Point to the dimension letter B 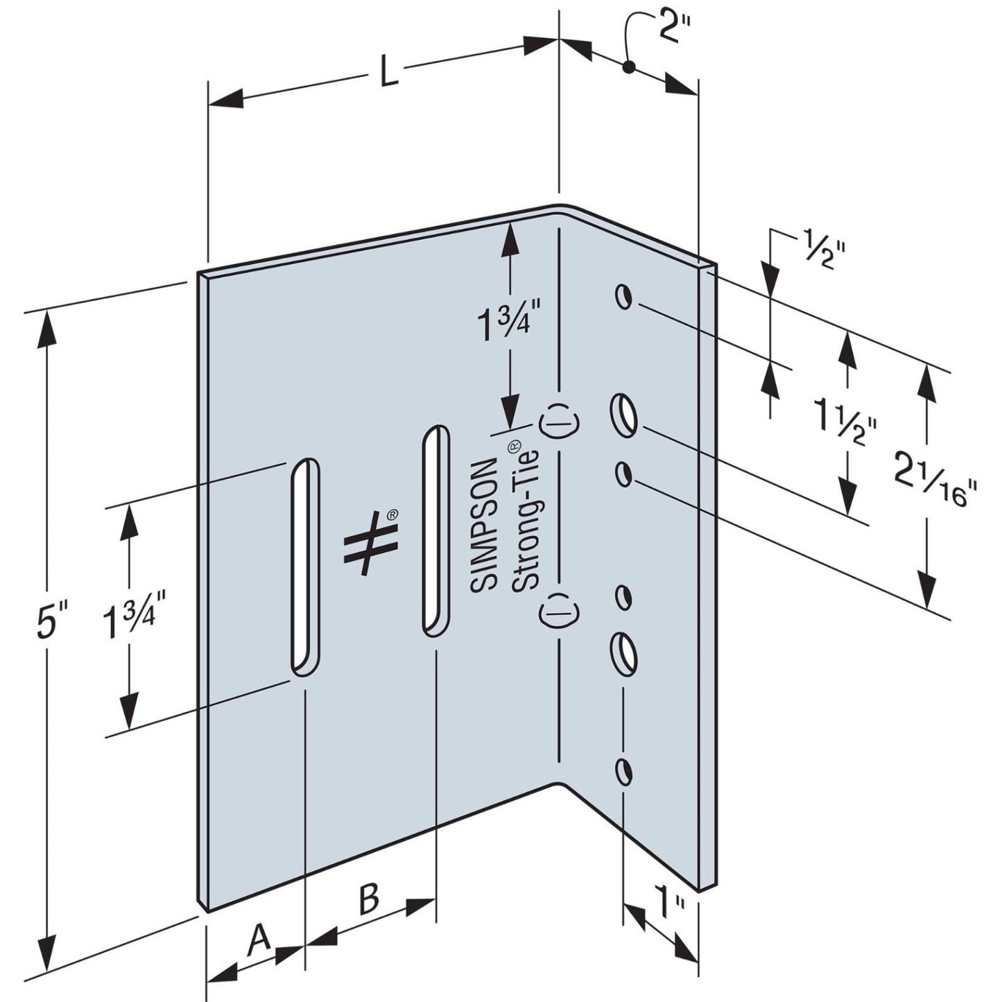(369, 899)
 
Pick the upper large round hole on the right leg (624, 414)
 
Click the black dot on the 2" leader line (628, 67)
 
